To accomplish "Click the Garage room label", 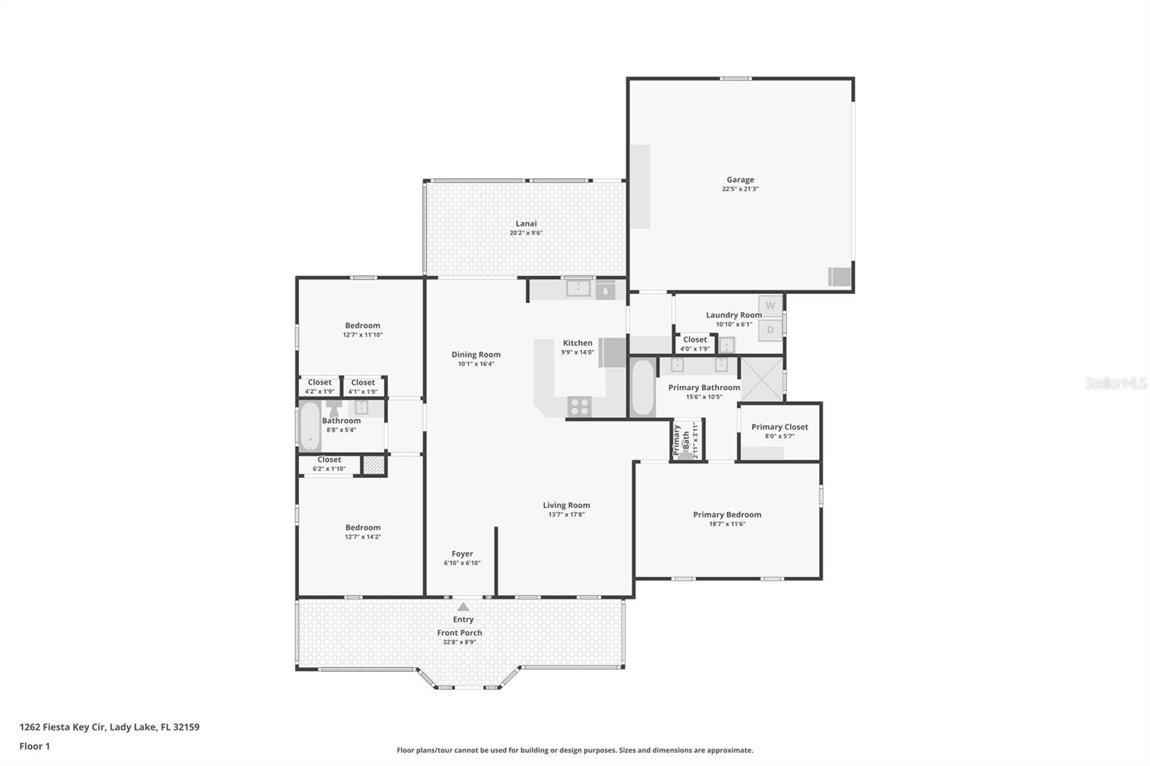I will (x=740, y=180).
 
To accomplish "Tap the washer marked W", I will (x=770, y=305).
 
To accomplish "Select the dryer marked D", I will (x=770, y=331).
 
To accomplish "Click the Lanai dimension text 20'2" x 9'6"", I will (x=525, y=233).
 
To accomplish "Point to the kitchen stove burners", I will (x=579, y=407).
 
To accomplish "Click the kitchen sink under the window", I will (x=577, y=289).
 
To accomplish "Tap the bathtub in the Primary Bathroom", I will (x=642, y=387).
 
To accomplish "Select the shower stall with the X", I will (x=761, y=379).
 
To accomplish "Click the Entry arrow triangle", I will (x=464, y=606).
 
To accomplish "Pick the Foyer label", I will (x=462, y=553).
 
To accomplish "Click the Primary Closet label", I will (x=780, y=427).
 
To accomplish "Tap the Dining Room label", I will (x=476, y=354).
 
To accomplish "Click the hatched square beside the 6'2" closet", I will (x=373, y=465).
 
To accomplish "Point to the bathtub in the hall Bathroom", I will (x=310, y=427).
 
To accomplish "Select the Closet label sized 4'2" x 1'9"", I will (x=319, y=382).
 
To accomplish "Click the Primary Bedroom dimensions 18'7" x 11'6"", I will (x=727, y=524).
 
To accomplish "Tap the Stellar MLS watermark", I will (x=1115, y=384).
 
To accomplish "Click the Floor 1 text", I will (x=34, y=746).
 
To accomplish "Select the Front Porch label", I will (x=459, y=633).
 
